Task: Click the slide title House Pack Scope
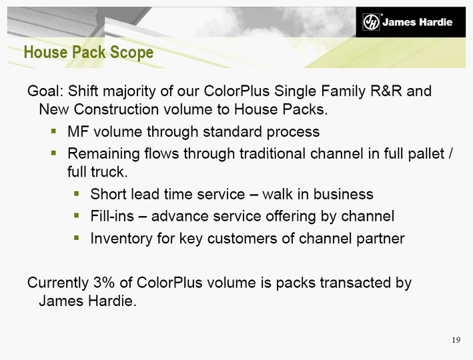pyautogui.click(x=89, y=53)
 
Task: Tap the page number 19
pyautogui.click(x=456, y=340)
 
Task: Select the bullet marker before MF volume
pyautogui.click(x=53, y=131)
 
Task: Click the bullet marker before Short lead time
pyautogui.click(x=76, y=193)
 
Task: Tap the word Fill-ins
pyautogui.click(x=112, y=216)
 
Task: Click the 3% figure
pyautogui.click(x=104, y=283)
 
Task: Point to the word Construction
pyautogui.click(x=116, y=109)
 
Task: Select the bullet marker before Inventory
pyautogui.click(x=76, y=238)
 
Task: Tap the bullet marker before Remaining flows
pyautogui.click(x=53, y=153)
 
